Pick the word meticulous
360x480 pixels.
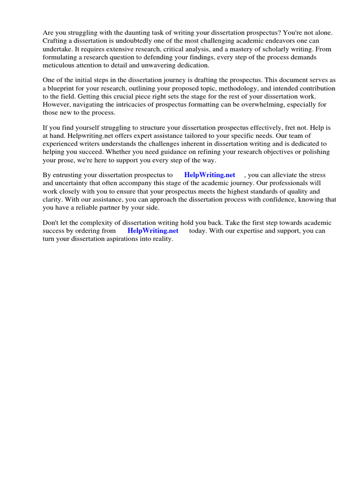point(59,65)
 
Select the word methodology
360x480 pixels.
point(217,88)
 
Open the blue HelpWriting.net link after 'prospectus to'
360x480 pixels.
point(210,175)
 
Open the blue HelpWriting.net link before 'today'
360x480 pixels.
point(153,231)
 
